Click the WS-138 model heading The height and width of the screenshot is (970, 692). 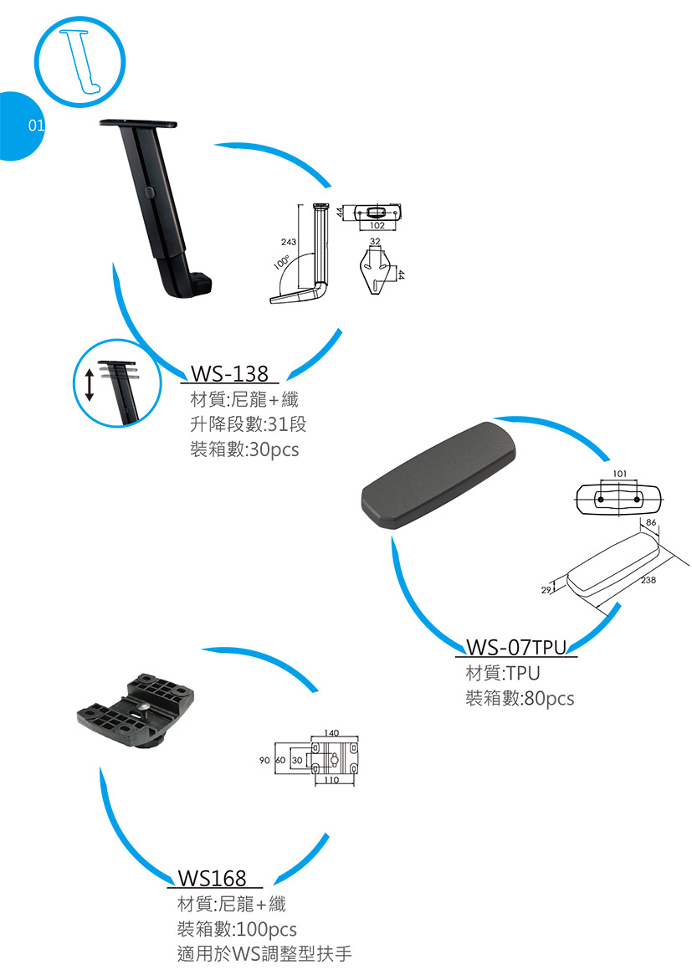tap(228, 373)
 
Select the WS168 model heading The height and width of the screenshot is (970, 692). tap(212, 878)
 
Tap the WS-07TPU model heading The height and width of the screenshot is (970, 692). tap(515, 647)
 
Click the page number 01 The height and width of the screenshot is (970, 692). tap(37, 126)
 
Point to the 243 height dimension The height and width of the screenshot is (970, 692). tap(288, 242)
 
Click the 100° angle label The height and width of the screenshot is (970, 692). tap(281, 262)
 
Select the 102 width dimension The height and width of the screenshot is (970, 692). tap(377, 226)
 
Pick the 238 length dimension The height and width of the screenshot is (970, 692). tap(648, 580)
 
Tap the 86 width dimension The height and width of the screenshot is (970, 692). tap(650, 523)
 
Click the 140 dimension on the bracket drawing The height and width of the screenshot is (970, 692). tap(331, 733)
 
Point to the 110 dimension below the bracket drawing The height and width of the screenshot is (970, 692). tap(331, 781)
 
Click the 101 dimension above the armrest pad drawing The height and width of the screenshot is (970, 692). tap(620, 474)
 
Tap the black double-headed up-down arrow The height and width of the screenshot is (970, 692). tap(90, 384)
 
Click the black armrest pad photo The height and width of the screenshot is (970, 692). tap(438, 475)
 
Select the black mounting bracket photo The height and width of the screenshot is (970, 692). tap(136, 711)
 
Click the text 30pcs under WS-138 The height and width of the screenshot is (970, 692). tap(274, 449)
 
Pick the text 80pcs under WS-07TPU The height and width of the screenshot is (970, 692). tap(549, 699)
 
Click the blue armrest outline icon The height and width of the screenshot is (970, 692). tap(80, 62)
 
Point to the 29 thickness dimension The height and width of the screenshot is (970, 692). tap(546, 590)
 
